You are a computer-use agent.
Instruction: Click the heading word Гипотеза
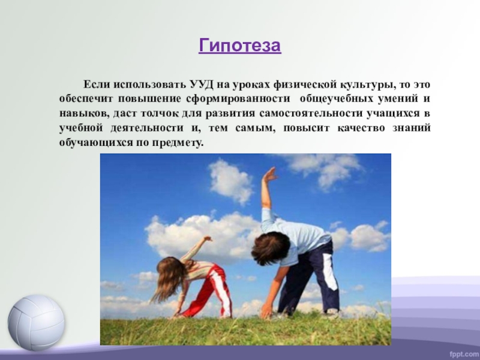[239, 46]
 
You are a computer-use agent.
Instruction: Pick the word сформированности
[238, 99]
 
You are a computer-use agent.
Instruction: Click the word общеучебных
[337, 99]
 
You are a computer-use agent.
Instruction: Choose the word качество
[361, 128]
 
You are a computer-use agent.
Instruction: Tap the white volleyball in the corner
[36, 323]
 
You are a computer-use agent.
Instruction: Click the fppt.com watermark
[464, 354]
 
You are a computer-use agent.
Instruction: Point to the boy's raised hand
[269, 175]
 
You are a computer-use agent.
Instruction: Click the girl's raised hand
[208, 239]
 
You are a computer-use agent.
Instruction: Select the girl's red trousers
[211, 291]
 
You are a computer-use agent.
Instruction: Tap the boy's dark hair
[271, 248]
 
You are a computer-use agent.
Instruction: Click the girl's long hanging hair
[169, 278]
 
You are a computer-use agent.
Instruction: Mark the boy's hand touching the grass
[267, 311]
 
